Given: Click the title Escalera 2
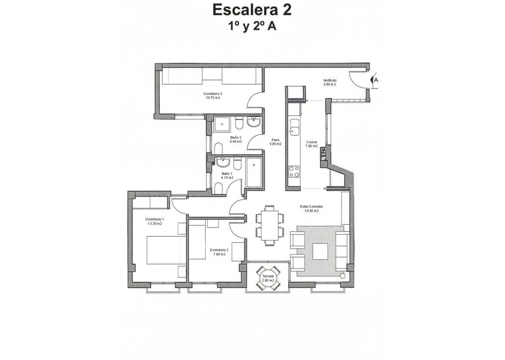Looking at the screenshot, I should point(252,10).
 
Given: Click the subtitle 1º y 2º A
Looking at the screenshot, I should point(252,26).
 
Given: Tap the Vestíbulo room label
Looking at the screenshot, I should point(329,80).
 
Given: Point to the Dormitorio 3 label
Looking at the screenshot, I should point(213,94).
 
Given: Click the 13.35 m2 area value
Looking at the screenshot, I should point(154,223).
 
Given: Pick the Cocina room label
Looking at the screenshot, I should point(311,142).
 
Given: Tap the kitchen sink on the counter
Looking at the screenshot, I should point(294,126).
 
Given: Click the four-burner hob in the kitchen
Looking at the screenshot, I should point(294,171).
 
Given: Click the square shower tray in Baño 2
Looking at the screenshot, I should point(223,124).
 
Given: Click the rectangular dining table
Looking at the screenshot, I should point(269,226).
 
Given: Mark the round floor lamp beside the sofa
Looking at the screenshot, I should point(343,276).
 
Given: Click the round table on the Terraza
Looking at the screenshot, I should point(268,278).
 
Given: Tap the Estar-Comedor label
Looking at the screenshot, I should point(311,206).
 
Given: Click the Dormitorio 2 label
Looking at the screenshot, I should point(219,250).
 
